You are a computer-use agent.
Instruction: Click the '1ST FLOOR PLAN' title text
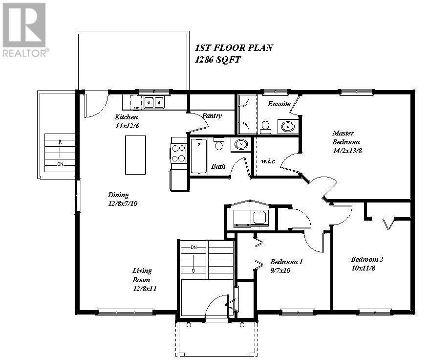[x=234, y=48]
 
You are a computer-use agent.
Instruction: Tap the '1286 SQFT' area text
[x=218, y=60]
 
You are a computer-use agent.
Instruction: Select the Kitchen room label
[x=126, y=117]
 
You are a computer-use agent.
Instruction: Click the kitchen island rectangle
[x=136, y=155]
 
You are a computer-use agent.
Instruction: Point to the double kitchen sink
[x=154, y=102]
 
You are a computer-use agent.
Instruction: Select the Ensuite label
[x=279, y=104]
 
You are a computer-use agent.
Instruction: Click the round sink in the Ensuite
[x=288, y=127]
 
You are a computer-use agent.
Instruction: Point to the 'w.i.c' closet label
[x=269, y=161]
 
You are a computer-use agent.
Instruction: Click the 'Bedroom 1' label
[x=286, y=262]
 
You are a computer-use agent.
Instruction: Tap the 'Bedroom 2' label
[x=366, y=259]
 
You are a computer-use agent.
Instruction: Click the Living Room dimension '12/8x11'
[x=144, y=289]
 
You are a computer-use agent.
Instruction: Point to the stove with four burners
[x=179, y=152]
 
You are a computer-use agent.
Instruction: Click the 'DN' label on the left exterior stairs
[x=60, y=164]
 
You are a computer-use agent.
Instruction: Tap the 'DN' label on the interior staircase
[x=193, y=247]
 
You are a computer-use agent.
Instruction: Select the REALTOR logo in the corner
[x=24, y=29]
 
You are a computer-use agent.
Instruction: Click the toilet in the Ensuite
[x=266, y=128]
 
